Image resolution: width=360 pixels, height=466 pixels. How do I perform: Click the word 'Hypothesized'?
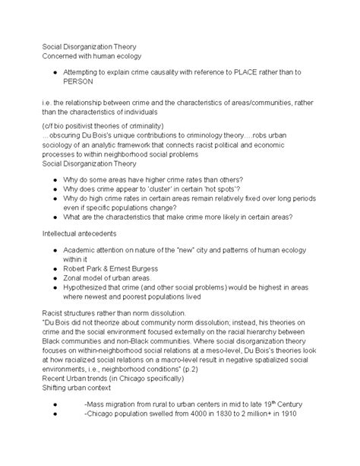click(x=89, y=290)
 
